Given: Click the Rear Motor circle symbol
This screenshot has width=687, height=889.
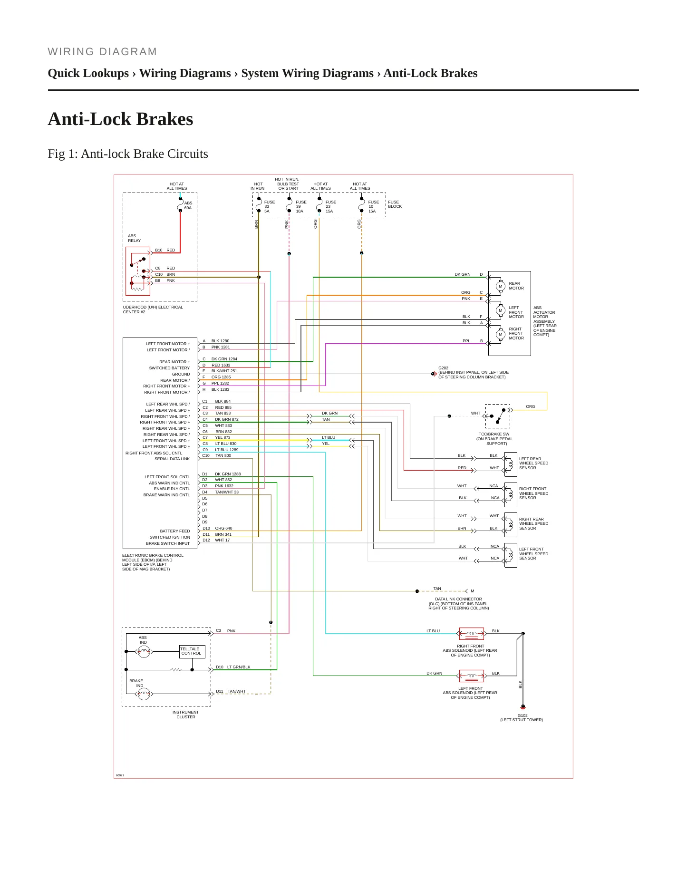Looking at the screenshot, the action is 500,286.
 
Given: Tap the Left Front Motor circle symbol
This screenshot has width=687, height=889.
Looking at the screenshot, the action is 500,310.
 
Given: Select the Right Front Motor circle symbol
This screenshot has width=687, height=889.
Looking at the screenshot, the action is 500,334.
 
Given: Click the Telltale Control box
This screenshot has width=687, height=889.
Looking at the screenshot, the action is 192,651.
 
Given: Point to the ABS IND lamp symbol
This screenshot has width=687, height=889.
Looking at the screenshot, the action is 144,651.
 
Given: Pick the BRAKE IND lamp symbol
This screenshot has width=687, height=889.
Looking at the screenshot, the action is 144,694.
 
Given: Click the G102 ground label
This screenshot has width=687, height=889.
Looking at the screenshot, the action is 522,717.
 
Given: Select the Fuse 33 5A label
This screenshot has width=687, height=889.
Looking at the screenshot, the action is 270,206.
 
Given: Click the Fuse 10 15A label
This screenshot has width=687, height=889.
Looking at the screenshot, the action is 373,206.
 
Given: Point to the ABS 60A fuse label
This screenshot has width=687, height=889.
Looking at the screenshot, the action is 188,205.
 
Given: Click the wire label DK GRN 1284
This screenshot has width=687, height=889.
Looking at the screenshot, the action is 224,359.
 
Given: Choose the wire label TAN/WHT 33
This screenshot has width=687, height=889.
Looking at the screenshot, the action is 227,492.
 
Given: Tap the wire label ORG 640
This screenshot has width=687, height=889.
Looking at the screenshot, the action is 223,528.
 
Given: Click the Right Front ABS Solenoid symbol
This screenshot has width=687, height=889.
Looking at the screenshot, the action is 471,633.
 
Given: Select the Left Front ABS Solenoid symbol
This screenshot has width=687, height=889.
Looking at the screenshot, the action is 471,676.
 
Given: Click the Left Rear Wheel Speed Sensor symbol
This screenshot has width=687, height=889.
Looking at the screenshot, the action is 510,464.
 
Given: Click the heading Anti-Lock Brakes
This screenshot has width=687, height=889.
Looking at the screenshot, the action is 120,119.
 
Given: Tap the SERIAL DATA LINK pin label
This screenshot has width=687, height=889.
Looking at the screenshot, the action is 172,459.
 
